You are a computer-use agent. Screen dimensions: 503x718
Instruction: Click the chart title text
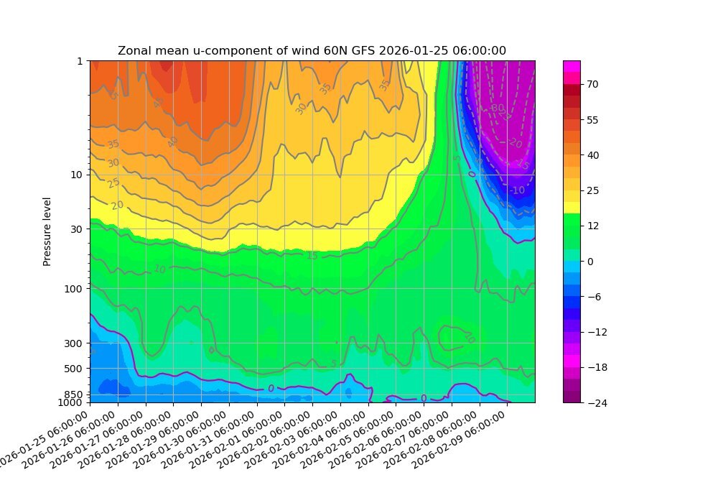(312, 50)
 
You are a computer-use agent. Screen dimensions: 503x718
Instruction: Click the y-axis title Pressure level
(47, 231)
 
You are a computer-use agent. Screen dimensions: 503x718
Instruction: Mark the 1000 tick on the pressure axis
(73, 402)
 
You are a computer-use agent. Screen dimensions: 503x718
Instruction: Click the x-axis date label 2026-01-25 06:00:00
(45, 438)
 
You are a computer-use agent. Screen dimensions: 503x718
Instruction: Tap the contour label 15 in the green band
(312, 256)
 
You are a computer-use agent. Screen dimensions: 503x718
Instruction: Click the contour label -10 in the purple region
(518, 190)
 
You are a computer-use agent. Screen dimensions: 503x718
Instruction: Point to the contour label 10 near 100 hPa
(159, 269)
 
